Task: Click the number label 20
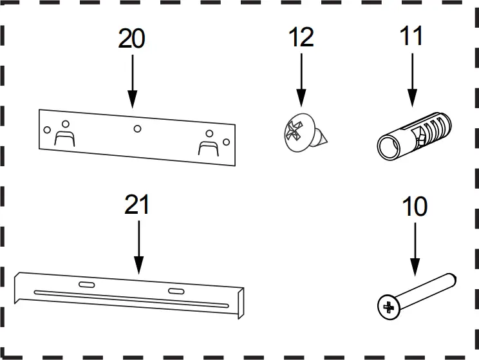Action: (x=132, y=39)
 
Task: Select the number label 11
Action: (x=410, y=36)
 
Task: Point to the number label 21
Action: (x=136, y=205)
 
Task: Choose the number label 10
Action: (x=415, y=207)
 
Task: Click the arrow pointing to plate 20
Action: (x=132, y=81)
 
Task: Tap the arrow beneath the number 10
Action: (x=415, y=251)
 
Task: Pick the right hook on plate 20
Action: (x=207, y=146)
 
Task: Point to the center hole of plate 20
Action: (x=137, y=129)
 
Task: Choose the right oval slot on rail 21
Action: (x=175, y=292)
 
